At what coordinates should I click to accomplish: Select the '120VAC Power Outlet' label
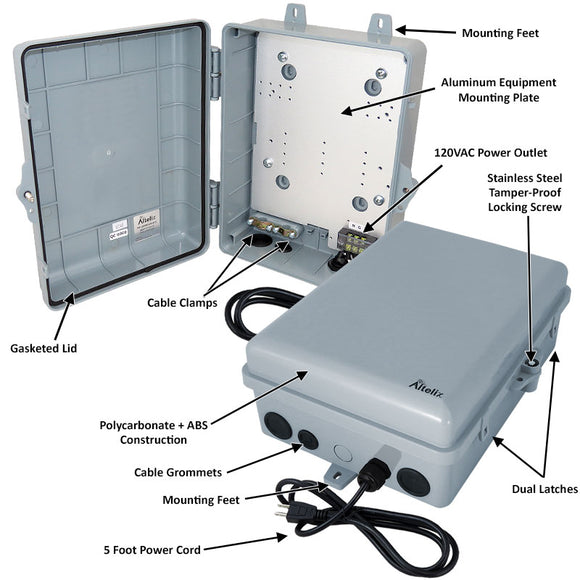[490, 154]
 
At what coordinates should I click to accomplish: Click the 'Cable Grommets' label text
[178, 471]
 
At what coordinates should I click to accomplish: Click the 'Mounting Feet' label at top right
[500, 33]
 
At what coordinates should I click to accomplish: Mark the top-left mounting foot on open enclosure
[296, 16]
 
